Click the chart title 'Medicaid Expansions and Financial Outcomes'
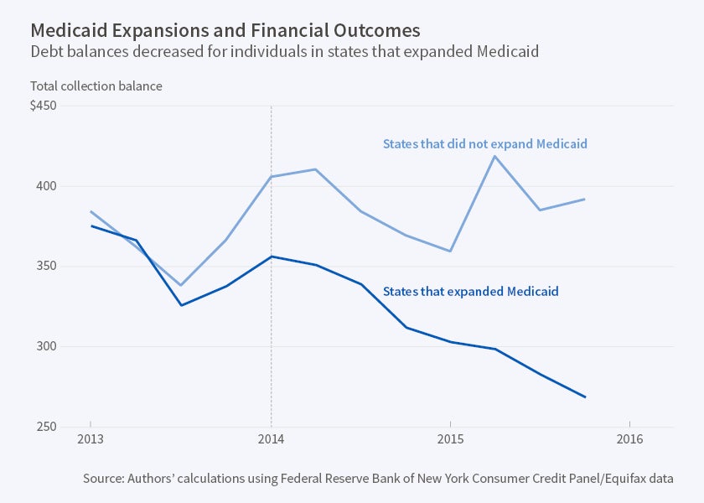click(225, 30)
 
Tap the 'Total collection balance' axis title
click(96, 86)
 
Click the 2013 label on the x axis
click(91, 438)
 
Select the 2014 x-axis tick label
click(271, 438)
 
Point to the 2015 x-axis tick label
click(451, 438)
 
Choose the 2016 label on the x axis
click(629, 438)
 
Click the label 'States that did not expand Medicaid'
click(484, 143)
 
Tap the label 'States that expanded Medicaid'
click(470, 292)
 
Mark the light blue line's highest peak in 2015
click(495, 156)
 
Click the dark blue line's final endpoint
click(585, 397)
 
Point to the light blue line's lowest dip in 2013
click(181, 285)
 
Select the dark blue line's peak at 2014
click(271, 257)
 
